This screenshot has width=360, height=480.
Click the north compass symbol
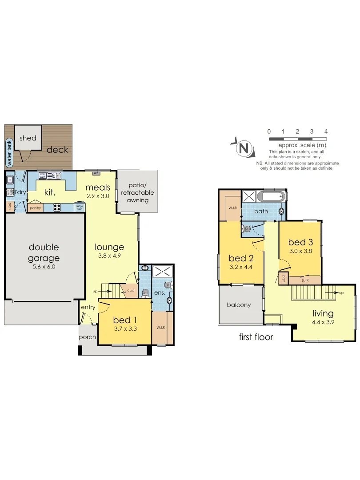coord(243,148)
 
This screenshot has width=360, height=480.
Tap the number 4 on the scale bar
coord(326,132)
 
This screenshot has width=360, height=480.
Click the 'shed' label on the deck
coord(28,138)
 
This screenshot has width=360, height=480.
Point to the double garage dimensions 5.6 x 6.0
coord(44,267)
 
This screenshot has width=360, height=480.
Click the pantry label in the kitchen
coord(35,208)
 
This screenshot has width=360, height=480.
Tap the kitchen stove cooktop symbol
coord(57,206)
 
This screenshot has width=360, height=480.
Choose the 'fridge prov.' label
coord(80,207)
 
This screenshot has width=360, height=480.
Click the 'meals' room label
coord(98,187)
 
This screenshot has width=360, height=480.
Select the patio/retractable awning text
coord(137,192)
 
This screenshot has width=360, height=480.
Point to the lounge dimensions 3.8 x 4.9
coord(109,256)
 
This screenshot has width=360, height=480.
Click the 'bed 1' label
coord(124,320)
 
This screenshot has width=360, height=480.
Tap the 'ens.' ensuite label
coord(160,293)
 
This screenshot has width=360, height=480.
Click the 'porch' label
coord(87,337)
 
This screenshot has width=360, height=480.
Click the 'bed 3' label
coord(300,242)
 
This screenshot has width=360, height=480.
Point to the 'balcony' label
coord(239,305)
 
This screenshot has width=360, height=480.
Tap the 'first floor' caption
coord(256,337)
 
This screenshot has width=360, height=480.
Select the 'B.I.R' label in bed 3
coord(305,280)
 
